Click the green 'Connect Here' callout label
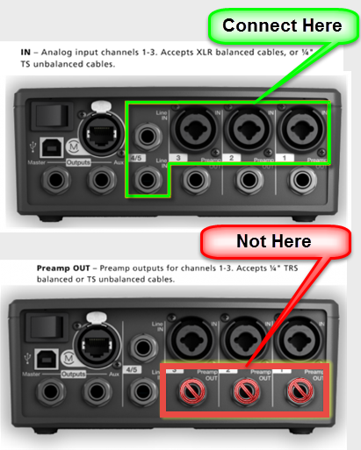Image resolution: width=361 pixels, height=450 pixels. tap(282, 25)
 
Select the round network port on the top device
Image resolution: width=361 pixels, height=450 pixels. tap(96, 126)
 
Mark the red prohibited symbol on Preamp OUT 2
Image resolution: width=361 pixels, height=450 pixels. tap(247, 390)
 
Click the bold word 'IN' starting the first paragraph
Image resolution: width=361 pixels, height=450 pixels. tap(25, 54)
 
